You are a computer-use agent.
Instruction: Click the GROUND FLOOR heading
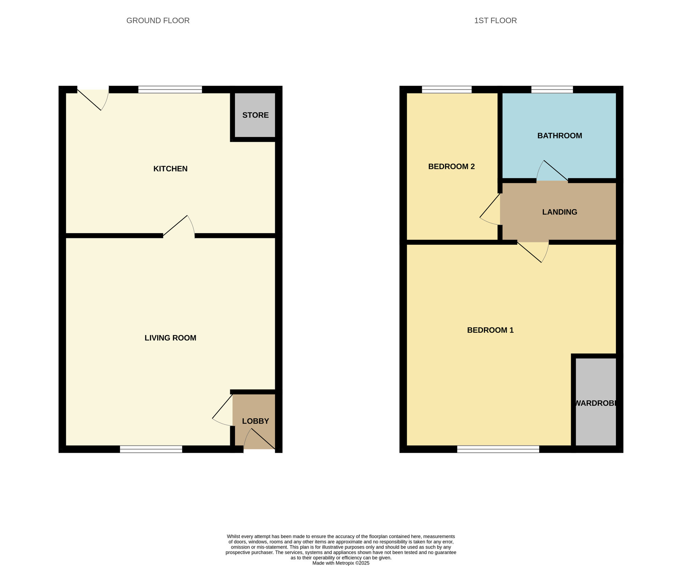point(158,20)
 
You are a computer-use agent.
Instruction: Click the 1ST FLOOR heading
point(495,20)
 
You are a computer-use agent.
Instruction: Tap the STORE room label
point(255,115)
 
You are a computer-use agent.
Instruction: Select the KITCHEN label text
point(170,169)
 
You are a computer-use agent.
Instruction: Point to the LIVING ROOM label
point(170,338)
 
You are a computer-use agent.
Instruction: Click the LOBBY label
point(255,421)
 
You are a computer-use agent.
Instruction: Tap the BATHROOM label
point(559,136)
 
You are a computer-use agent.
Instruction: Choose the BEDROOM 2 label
point(451,166)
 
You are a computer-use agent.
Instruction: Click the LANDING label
point(559,212)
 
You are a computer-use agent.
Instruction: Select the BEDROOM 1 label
point(490,330)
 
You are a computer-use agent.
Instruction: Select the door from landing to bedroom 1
point(533,251)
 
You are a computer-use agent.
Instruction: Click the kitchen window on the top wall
point(170,90)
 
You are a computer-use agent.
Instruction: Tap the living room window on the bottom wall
point(151,449)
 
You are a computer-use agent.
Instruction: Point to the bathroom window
point(552,90)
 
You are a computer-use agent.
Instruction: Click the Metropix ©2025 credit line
point(341,563)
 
